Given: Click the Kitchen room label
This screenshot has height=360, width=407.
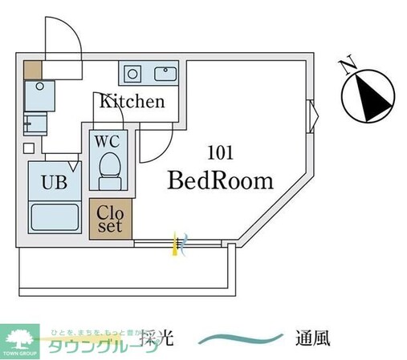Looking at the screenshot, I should [x=132, y=102].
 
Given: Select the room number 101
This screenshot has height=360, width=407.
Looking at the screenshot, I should [x=220, y=152].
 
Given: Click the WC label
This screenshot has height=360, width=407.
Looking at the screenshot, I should [x=107, y=140].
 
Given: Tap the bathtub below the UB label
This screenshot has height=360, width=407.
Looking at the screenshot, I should [x=54, y=217].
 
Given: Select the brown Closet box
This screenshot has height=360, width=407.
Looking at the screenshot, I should [x=109, y=217].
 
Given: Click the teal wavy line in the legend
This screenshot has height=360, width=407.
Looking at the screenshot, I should [x=241, y=338].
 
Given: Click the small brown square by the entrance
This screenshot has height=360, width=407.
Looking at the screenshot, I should [x=32, y=69].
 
